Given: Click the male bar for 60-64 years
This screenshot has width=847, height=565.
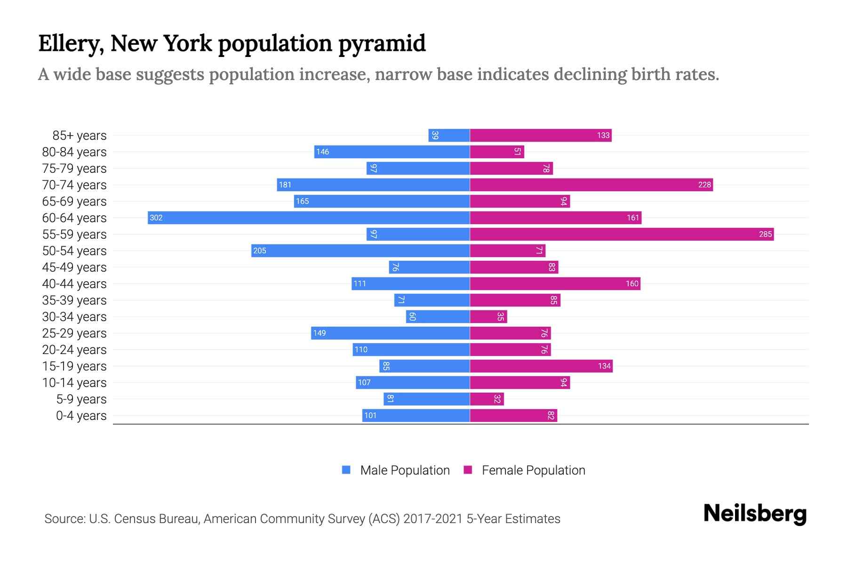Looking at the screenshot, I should pos(309,218).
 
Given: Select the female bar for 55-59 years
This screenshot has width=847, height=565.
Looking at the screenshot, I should pos(622,234).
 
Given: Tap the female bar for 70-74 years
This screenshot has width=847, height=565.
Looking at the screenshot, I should pos(591,185).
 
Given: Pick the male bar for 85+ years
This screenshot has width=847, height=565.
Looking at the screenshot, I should pos(449,135).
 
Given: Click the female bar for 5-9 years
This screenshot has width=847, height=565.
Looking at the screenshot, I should pos(487,399).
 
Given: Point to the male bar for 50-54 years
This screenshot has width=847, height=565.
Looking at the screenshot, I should pos(360,250).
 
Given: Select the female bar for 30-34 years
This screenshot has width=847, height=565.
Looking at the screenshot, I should pos(488,316).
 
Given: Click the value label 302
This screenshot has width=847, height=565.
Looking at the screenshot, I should pos(156,218).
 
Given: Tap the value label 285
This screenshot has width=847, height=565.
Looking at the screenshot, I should pos(765,234).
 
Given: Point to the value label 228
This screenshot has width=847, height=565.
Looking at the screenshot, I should pos(704,185).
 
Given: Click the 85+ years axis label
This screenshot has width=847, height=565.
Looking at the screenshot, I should pos(80,136).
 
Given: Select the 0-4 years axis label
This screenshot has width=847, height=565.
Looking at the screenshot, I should pos(81,416).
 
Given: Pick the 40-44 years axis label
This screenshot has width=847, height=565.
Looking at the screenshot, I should pos(74,284).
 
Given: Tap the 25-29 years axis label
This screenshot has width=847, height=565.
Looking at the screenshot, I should pos(74,333).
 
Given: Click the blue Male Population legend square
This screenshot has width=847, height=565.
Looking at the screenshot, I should pos(346,470).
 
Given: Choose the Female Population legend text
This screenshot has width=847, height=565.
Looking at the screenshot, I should pos(533,470).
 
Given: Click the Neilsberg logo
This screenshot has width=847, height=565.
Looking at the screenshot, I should pos(755,514).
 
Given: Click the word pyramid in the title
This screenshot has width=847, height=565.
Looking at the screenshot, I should pos(382,44).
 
